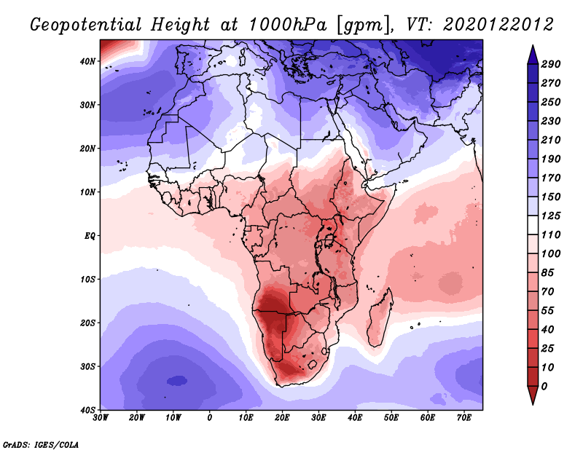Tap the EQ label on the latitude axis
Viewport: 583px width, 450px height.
point(90,236)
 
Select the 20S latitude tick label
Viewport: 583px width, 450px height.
point(88,323)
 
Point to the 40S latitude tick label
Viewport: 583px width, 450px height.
point(88,409)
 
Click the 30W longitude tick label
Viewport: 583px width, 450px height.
point(101,418)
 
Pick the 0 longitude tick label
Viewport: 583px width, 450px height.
point(210,418)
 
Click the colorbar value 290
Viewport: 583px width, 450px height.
point(551,65)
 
